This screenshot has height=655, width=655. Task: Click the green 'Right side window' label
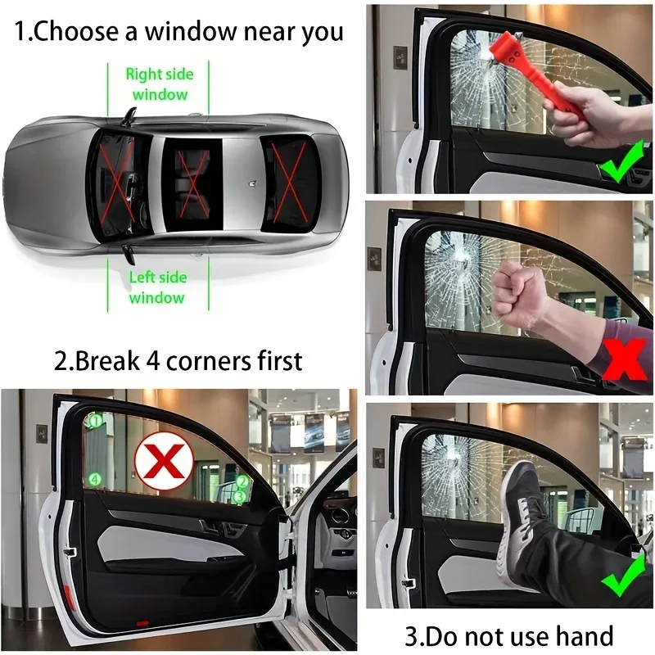tap(159, 84)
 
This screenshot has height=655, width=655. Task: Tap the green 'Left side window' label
tap(157, 287)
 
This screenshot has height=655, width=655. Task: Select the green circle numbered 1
tap(95, 421)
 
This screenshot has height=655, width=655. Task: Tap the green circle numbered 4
tap(95, 479)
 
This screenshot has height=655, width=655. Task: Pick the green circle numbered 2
tap(242, 482)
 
